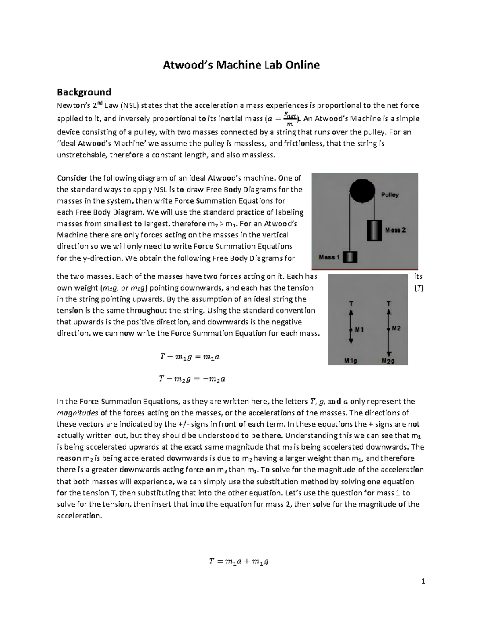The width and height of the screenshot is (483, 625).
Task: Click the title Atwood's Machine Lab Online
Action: point(241,65)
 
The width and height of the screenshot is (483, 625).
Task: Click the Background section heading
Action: point(84,92)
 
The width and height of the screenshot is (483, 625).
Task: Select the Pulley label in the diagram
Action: point(390,195)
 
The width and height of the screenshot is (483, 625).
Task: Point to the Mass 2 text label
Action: point(395,230)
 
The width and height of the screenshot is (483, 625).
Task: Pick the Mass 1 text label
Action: point(329,257)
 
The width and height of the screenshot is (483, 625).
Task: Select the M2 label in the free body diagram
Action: point(396,328)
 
